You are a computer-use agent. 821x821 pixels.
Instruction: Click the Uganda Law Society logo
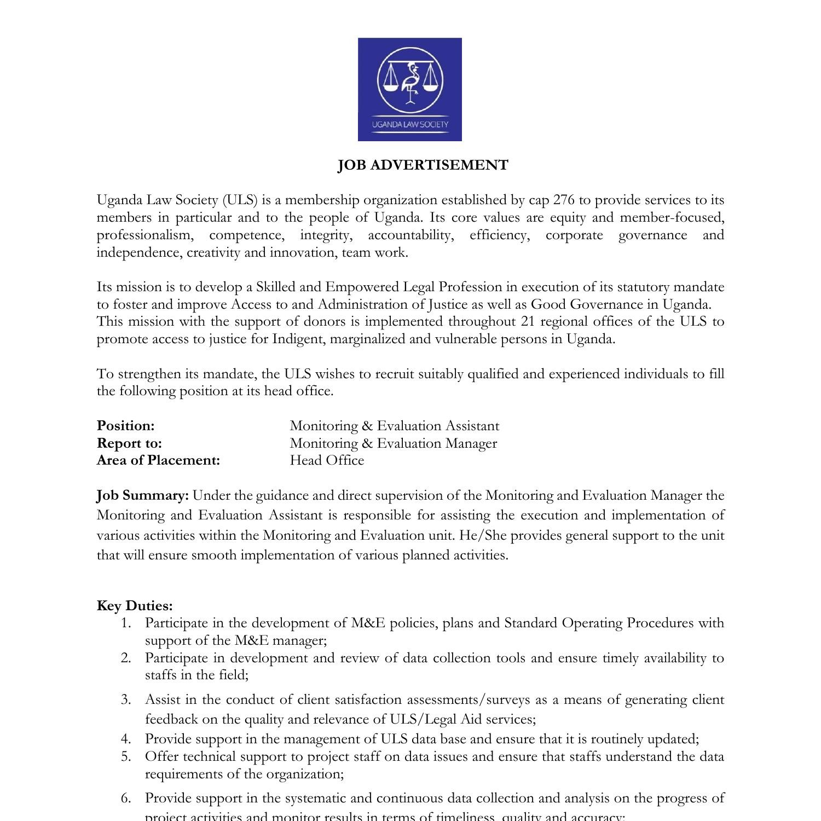pos(409,89)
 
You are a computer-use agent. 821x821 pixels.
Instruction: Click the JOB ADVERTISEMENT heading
pos(423,165)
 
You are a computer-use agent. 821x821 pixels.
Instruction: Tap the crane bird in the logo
pos(410,82)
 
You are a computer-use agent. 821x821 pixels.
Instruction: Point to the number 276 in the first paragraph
pos(563,200)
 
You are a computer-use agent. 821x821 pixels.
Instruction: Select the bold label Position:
pos(126,426)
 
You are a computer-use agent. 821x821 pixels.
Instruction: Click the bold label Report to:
pos(129,443)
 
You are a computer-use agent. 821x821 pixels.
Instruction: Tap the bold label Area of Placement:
pos(158,460)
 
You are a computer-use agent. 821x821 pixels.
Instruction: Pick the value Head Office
pos(327,460)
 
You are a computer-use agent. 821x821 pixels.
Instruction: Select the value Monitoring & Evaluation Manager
pos(393,443)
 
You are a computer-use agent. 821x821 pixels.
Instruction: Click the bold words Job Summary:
pos(143,496)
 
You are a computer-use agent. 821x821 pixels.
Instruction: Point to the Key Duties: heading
pos(135,606)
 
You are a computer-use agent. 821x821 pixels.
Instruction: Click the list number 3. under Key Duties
pos(126,699)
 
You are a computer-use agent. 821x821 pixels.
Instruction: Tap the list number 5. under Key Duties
pos(126,756)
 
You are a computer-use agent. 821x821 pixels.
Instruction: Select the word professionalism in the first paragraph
pos(145,235)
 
